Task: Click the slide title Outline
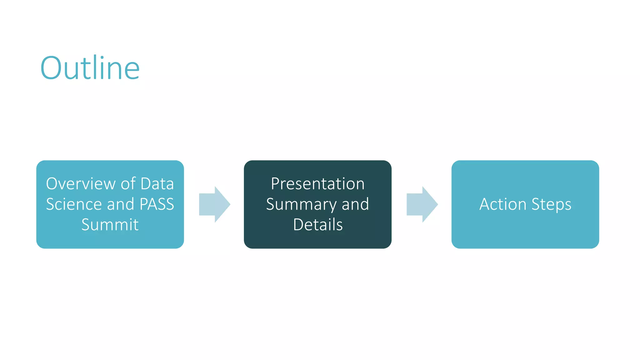90,68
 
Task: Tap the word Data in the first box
157,184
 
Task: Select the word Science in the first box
74,204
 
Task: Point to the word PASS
157,204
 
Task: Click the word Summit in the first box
110,225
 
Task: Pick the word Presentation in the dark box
317,184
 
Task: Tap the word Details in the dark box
318,225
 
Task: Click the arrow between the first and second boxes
215,204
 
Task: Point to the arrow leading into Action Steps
422,204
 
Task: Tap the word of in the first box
128,184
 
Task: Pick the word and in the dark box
355,204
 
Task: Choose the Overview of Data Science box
110,241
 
